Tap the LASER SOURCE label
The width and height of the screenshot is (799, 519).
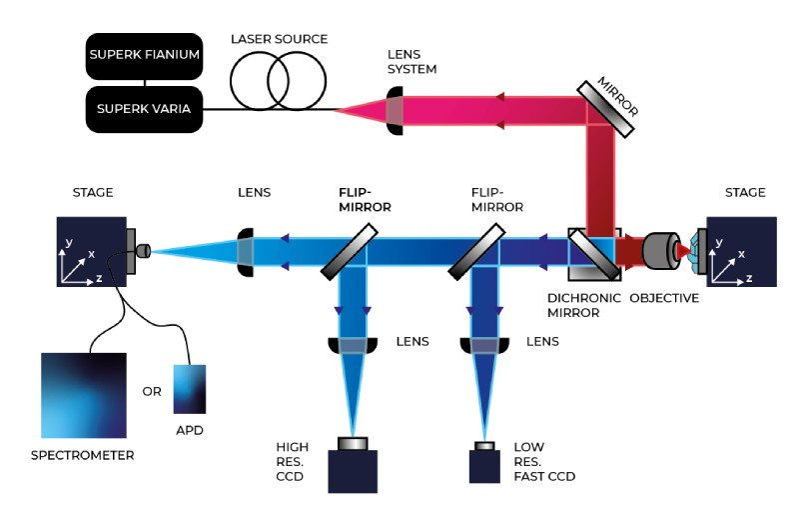pyautogui.click(x=279, y=39)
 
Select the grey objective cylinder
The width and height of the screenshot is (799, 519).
pyautogui.click(x=660, y=249)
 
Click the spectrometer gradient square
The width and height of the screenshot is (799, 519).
pyautogui.click(x=84, y=395)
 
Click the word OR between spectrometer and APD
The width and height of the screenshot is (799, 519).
pyautogui.click(x=151, y=391)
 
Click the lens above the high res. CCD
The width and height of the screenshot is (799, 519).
pyautogui.click(x=354, y=345)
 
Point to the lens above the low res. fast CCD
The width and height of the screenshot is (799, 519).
pyautogui.click(x=485, y=345)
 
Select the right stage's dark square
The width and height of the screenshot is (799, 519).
pyautogui.click(x=740, y=250)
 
